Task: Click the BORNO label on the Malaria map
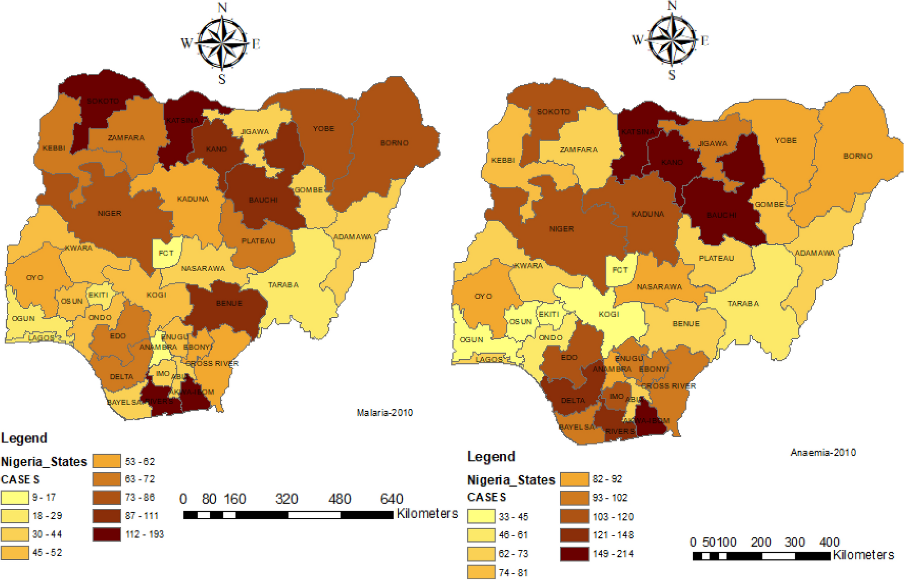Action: tap(394, 143)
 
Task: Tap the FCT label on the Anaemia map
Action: tap(620, 270)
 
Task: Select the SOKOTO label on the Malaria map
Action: tap(103, 101)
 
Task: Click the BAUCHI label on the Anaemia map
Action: tap(722, 215)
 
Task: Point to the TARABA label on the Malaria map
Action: tap(283, 285)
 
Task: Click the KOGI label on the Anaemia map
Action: tap(609, 314)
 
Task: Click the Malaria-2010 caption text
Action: tap(385, 412)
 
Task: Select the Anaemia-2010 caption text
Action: tap(823, 452)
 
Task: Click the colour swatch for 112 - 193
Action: tap(107, 534)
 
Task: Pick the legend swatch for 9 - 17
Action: tap(14, 498)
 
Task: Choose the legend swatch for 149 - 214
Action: tap(574, 554)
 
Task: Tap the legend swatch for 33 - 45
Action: tap(481, 516)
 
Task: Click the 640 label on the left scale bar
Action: tap(391, 499)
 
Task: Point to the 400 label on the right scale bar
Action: tap(830, 542)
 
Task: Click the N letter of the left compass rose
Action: tap(222, 8)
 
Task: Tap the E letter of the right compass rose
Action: tap(705, 41)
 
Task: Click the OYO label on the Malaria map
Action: tap(35, 278)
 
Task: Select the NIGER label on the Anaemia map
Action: tap(561, 229)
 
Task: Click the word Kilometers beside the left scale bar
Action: tap(427, 514)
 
